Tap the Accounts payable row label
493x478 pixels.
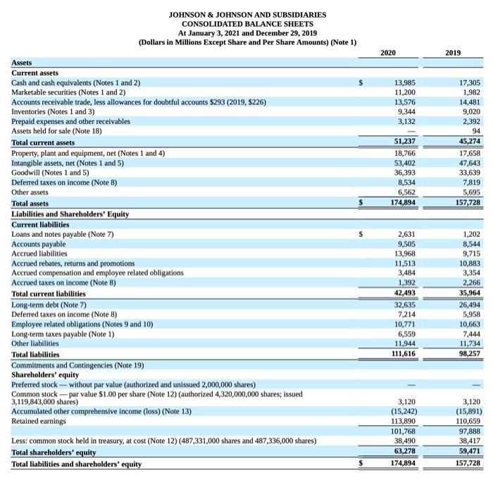click(x=40, y=243)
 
